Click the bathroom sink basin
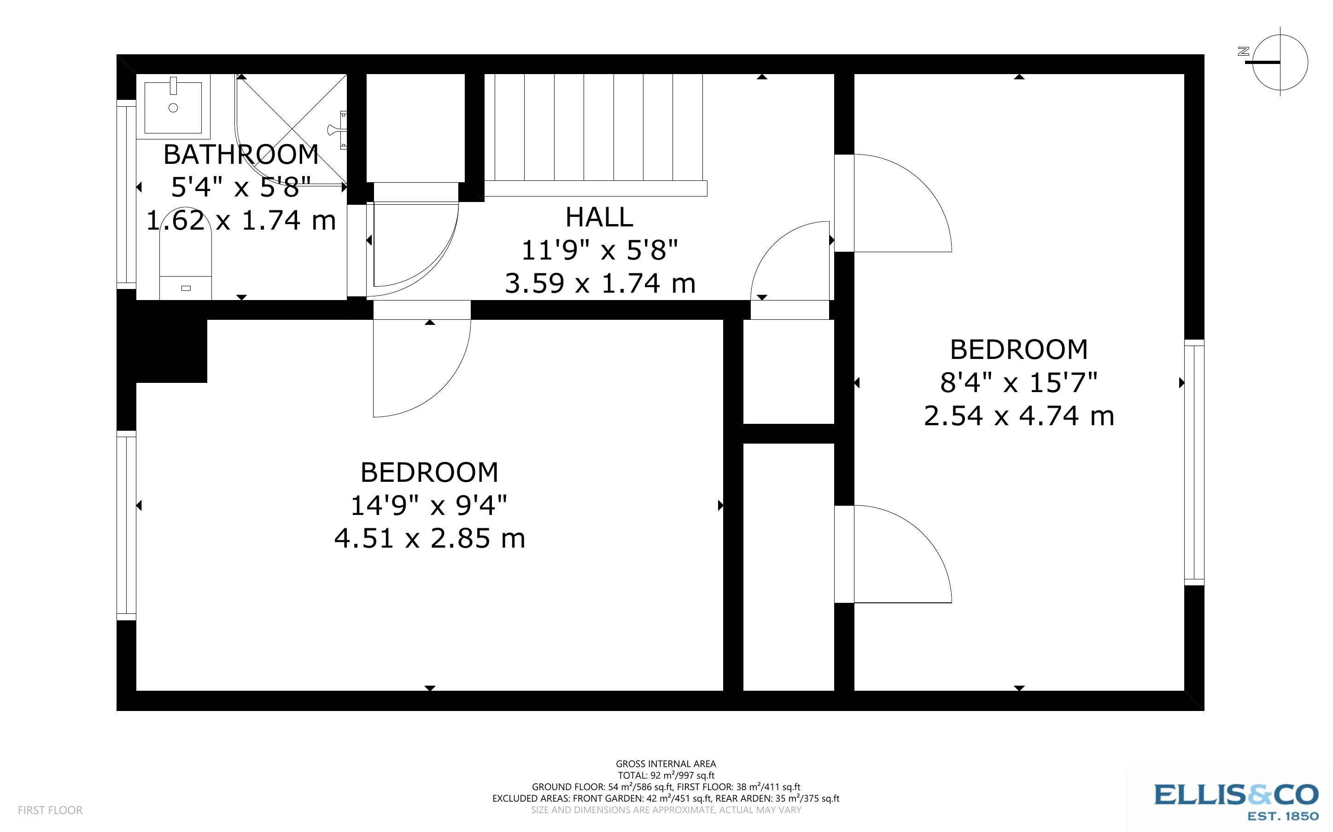173,107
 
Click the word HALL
599,217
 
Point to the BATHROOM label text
241,155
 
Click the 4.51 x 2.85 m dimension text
429,538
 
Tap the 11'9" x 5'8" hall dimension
599,250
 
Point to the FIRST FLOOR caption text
50,810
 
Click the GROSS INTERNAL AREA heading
666,764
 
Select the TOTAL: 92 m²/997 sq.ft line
666,775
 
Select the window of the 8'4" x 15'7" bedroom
1194,462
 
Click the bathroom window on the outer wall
126,194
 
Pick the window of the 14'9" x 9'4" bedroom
126,526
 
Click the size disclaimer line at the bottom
666,810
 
